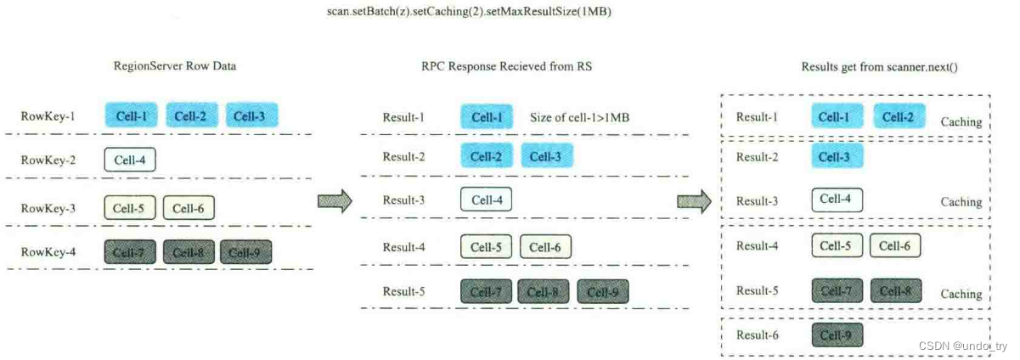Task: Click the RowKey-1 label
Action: (48, 115)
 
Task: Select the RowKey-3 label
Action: (48, 207)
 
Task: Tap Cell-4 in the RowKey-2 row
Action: (130, 159)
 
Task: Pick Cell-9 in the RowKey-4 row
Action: (246, 252)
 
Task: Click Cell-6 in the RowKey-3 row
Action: (189, 207)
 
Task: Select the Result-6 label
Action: (757, 335)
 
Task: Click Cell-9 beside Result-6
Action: (837, 335)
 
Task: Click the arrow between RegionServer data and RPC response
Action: (335, 201)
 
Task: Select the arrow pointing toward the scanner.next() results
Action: (694, 201)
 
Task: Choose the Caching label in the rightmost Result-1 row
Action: (961, 122)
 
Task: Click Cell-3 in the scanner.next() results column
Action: (837, 156)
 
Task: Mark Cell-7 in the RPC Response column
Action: (487, 292)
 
